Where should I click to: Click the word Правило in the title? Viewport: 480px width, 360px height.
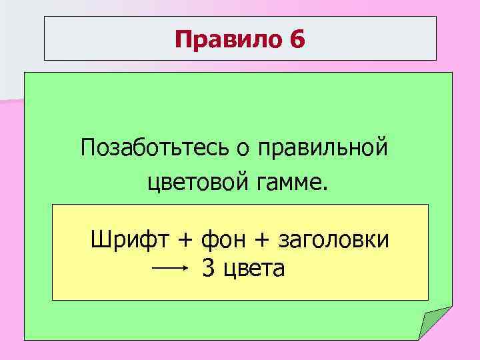[x=228, y=40]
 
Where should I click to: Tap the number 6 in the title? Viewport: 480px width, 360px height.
[x=297, y=40]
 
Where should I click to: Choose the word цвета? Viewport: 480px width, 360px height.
[x=254, y=269]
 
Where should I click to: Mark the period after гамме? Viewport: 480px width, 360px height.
[x=326, y=187]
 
